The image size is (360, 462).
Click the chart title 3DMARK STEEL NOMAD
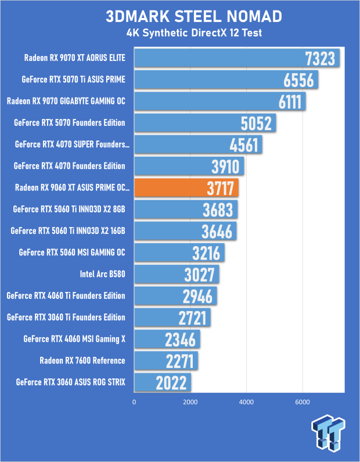186,16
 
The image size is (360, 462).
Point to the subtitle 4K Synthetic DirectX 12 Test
186,33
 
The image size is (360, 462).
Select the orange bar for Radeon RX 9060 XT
186,188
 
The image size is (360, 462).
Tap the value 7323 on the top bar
321,59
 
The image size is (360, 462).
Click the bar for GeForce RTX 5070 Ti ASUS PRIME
226,80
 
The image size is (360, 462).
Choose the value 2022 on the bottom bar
171,382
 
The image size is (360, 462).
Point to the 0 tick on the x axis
135,402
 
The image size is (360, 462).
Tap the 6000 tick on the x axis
301,402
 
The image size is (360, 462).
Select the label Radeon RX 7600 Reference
82,360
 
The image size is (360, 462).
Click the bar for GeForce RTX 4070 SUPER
198,145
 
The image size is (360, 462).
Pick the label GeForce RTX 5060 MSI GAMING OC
72,252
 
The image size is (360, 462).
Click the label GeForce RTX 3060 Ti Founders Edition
66,317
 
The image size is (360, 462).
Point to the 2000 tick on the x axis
190,402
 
